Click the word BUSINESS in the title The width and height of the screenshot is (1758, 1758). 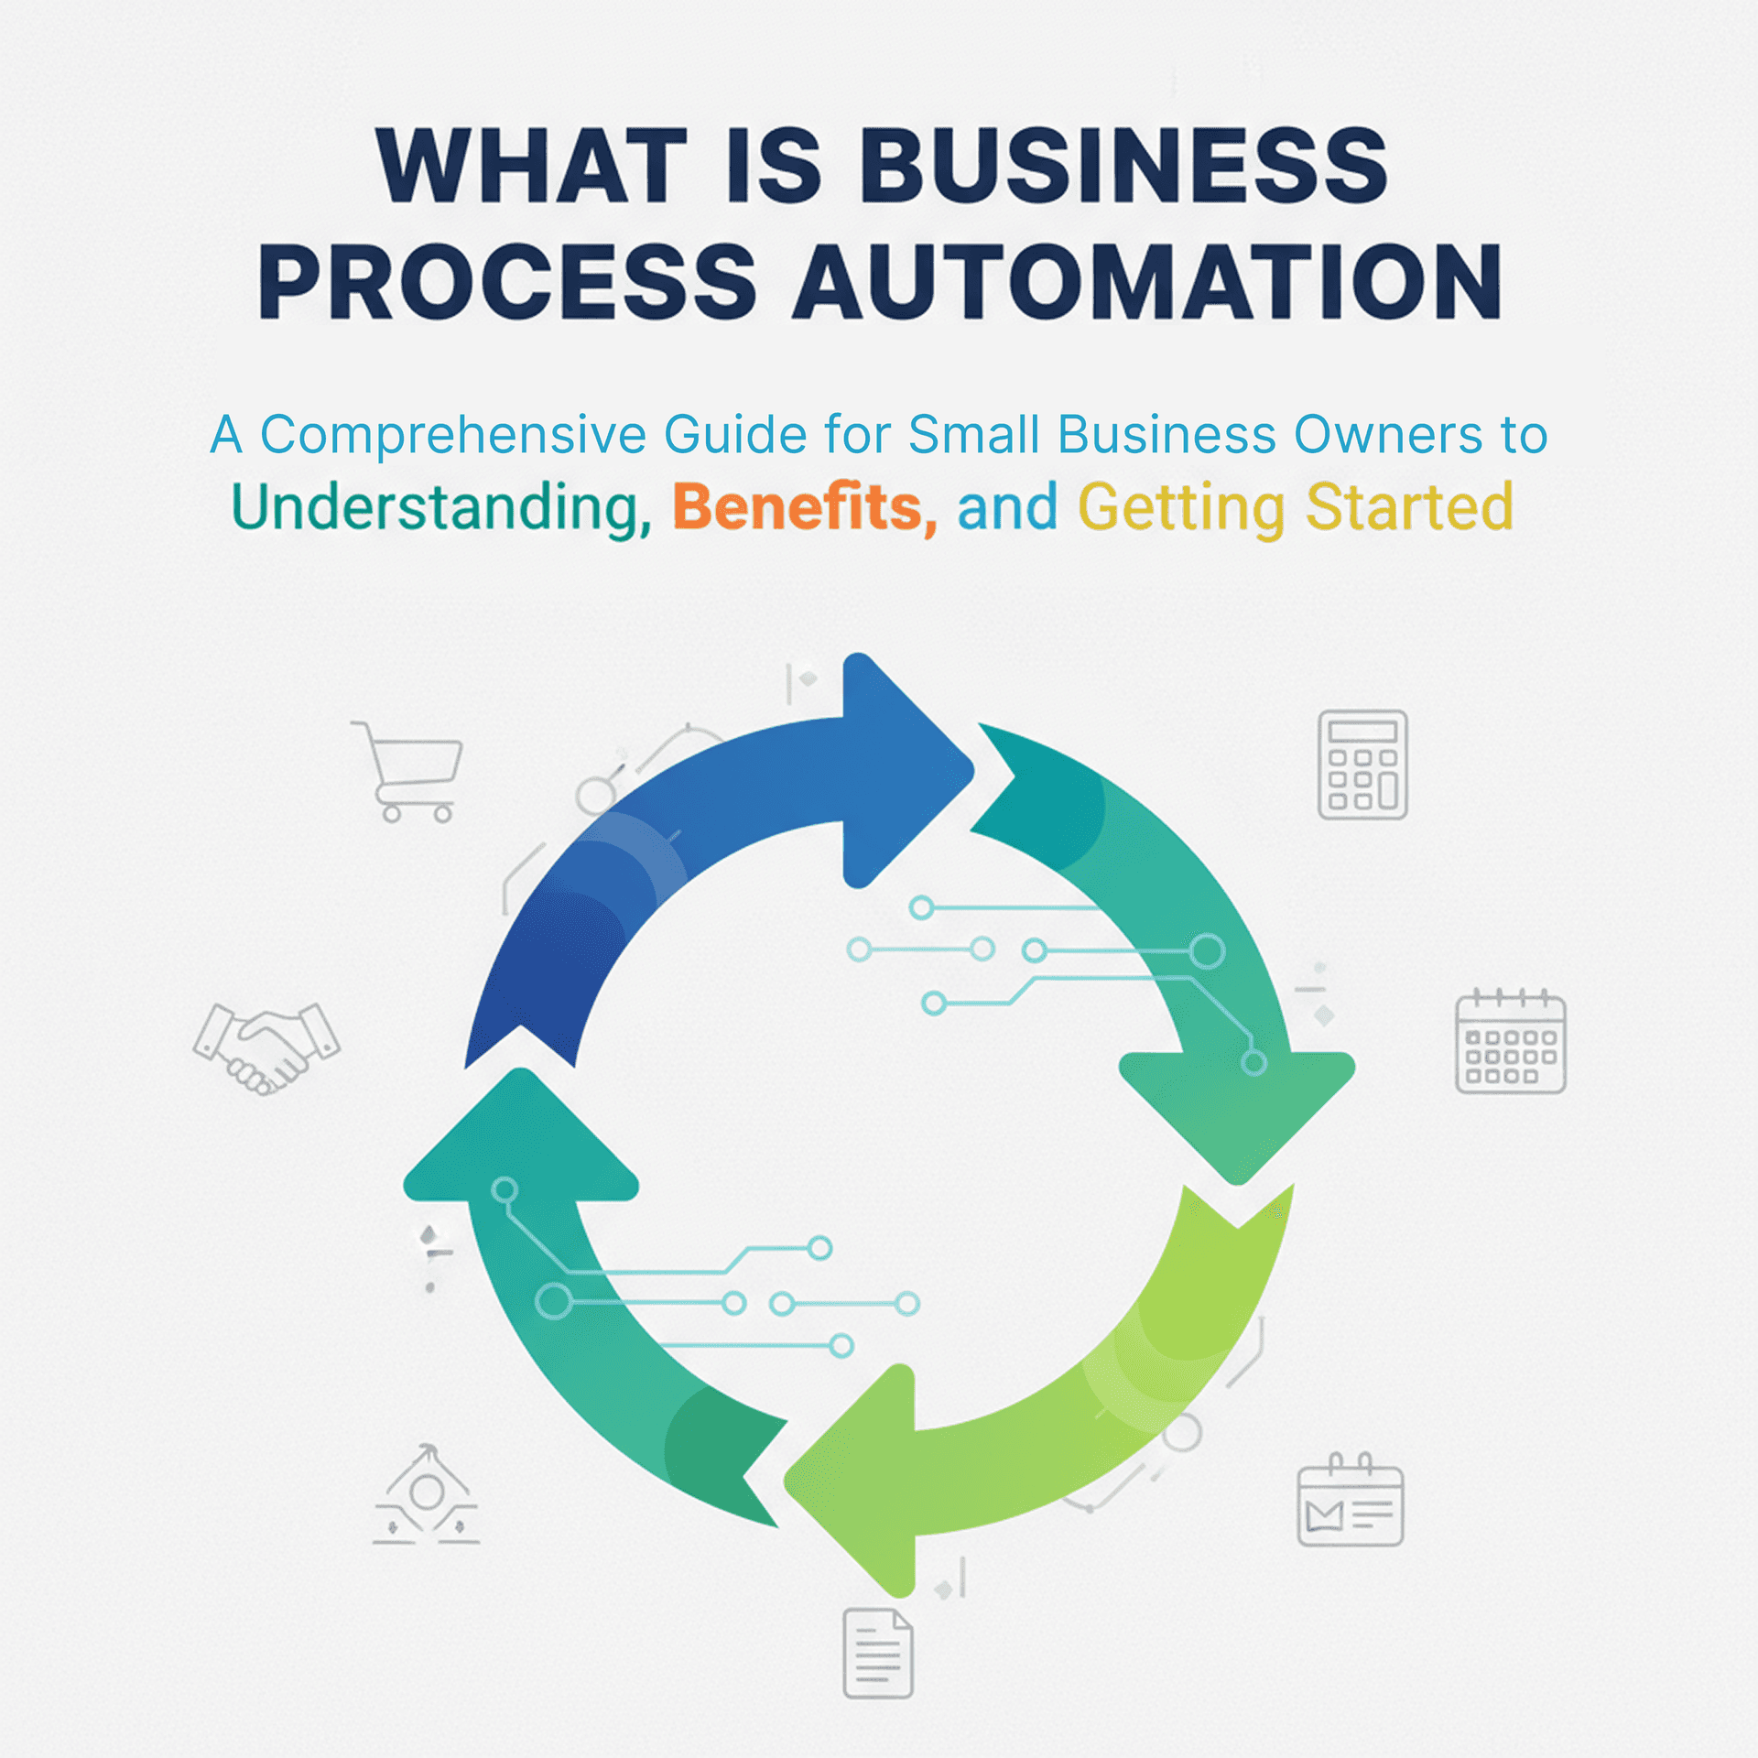click(1123, 166)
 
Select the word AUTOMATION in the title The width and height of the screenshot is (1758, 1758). click(1147, 282)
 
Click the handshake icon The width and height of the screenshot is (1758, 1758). click(266, 1047)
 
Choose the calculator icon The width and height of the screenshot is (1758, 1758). click(1362, 764)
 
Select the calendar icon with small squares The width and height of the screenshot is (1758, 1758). click(1510, 1043)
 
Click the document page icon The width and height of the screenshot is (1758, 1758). click(877, 1653)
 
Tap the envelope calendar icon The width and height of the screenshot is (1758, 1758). click(1350, 1501)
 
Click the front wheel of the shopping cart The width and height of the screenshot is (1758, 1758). click(443, 813)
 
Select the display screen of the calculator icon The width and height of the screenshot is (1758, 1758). click(1362, 732)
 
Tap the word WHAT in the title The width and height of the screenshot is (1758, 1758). click(531, 166)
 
